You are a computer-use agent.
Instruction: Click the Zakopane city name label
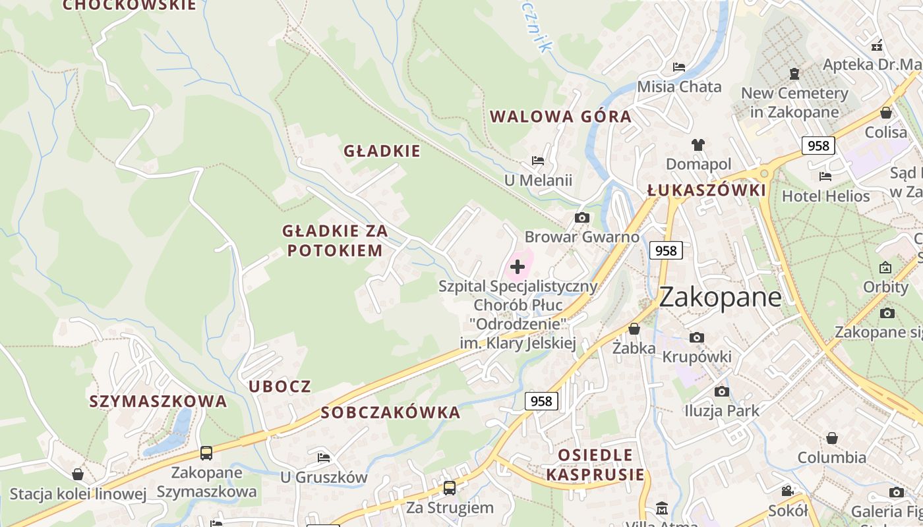click(x=720, y=297)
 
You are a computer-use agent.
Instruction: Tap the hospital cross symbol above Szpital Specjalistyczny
click(x=518, y=267)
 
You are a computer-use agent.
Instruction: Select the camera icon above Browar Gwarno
click(x=581, y=217)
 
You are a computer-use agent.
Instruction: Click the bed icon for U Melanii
click(x=538, y=161)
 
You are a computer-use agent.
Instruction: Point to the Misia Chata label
click(x=679, y=86)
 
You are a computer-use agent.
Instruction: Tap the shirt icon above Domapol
click(x=698, y=145)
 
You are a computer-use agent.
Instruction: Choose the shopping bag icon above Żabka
click(x=634, y=328)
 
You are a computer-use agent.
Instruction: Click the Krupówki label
click(x=697, y=356)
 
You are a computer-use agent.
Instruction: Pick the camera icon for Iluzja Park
click(x=722, y=391)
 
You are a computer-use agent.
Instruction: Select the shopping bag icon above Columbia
click(x=832, y=438)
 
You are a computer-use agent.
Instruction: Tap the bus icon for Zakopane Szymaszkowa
click(x=206, y=453)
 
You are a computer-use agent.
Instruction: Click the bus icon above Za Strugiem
click(x=450, y=488)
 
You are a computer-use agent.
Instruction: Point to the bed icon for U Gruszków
click(x=323, y=457)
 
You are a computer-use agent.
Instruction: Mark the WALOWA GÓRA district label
click(x=560, y=117)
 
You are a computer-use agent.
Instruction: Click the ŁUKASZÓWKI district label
click(x=706, y=190)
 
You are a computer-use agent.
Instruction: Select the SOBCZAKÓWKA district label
click(x=390, y=412)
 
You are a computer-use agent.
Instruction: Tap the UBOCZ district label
click(x=280, y=386)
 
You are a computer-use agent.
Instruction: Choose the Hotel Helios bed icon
click(x=825, y=176)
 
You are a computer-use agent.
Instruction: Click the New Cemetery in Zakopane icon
click(x=794, y=73)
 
